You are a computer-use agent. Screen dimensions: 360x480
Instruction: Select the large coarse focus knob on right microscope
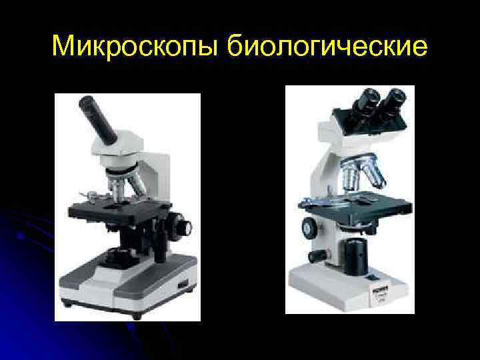(x=309, y=227)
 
